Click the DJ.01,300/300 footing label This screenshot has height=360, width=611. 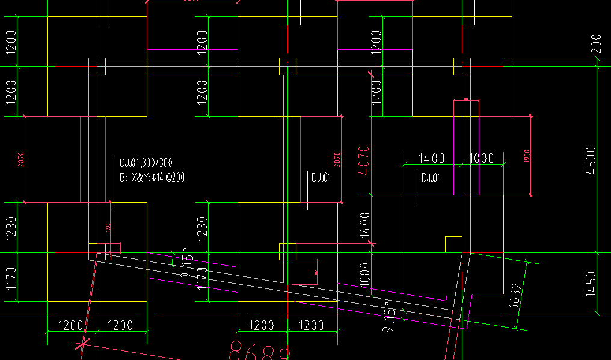pos(146,163)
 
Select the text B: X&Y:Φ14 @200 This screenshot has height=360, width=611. pos(152,178)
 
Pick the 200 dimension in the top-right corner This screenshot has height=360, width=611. pos(596,44)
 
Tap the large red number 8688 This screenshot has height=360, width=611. pos(260,350)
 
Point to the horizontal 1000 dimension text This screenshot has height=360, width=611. pos(481,159)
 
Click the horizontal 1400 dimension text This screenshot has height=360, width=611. pos(431,159)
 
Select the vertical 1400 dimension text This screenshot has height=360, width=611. pos(365,226)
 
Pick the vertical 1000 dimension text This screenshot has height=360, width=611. pos(365,275)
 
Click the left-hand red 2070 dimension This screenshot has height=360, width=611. pos(21,159)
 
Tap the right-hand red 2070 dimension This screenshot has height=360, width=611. pos(337,159)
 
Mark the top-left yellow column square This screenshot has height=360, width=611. pos(97,66)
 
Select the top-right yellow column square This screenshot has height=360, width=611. pos(462,66)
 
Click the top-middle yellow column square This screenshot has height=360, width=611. pos(287,66)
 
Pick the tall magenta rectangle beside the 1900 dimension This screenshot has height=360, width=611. pos(466,147)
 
